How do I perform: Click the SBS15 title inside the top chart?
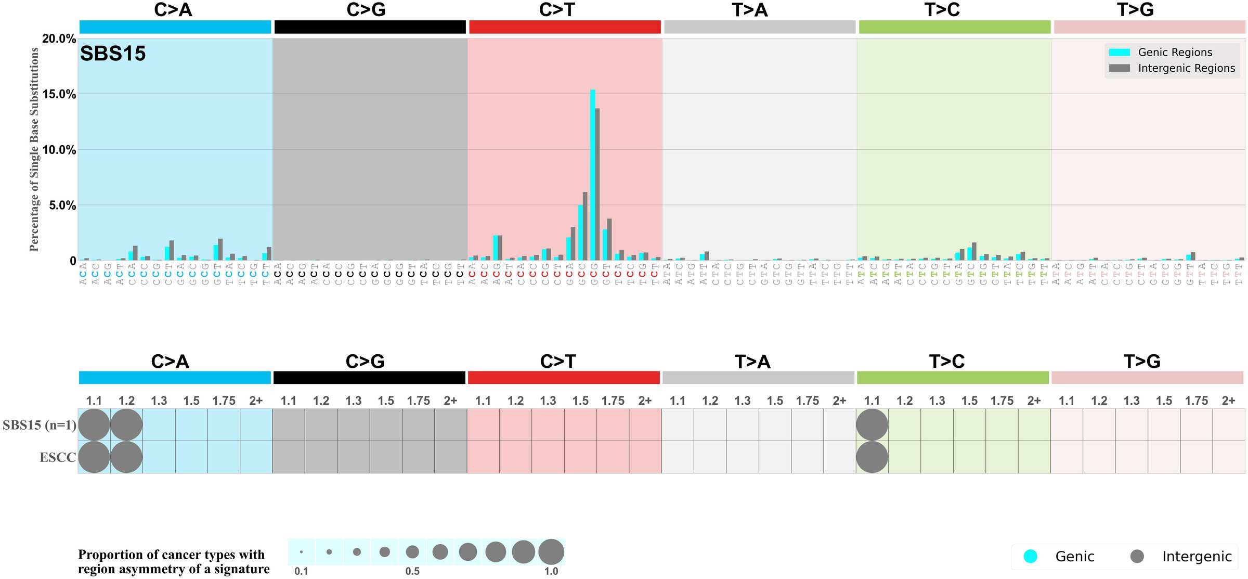point(113,54)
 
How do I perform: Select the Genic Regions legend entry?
point(1174,52)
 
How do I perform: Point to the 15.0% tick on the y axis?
point(59,94)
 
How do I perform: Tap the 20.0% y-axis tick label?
point(59,38)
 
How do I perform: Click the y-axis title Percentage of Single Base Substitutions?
point(34,149)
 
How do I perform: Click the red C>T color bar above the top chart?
point(565,27)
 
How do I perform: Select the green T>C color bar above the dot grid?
point(953,378)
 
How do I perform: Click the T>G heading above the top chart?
point(1135,10)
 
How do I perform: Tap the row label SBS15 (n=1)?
point(40,425)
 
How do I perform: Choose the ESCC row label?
point(58,457)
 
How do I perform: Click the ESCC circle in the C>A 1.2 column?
point(126,457)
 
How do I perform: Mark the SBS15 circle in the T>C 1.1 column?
point(872,425)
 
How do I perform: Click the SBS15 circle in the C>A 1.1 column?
point(94,425)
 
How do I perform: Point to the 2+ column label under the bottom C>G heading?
point(450,401)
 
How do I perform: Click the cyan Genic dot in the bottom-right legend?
point(1030,556)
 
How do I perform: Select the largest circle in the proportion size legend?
point(551,551)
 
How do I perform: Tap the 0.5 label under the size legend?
point(412,571)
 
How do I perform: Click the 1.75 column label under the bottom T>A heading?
point(807,401)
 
